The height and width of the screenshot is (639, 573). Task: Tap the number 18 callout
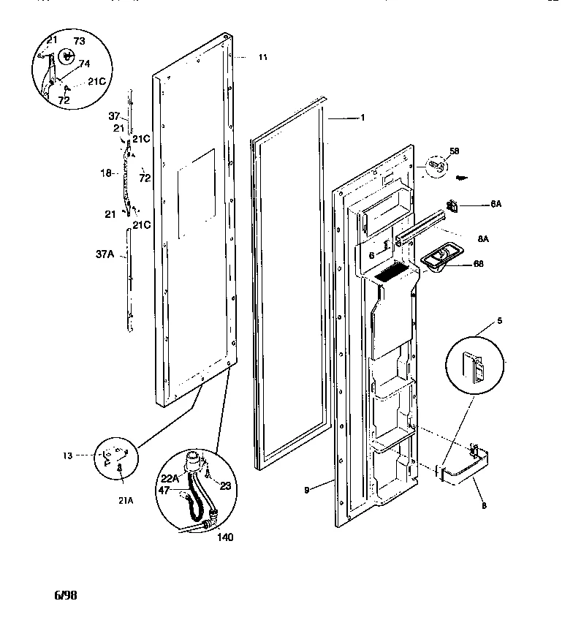coord(105,173)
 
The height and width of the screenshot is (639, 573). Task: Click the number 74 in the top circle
coord(85,64)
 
